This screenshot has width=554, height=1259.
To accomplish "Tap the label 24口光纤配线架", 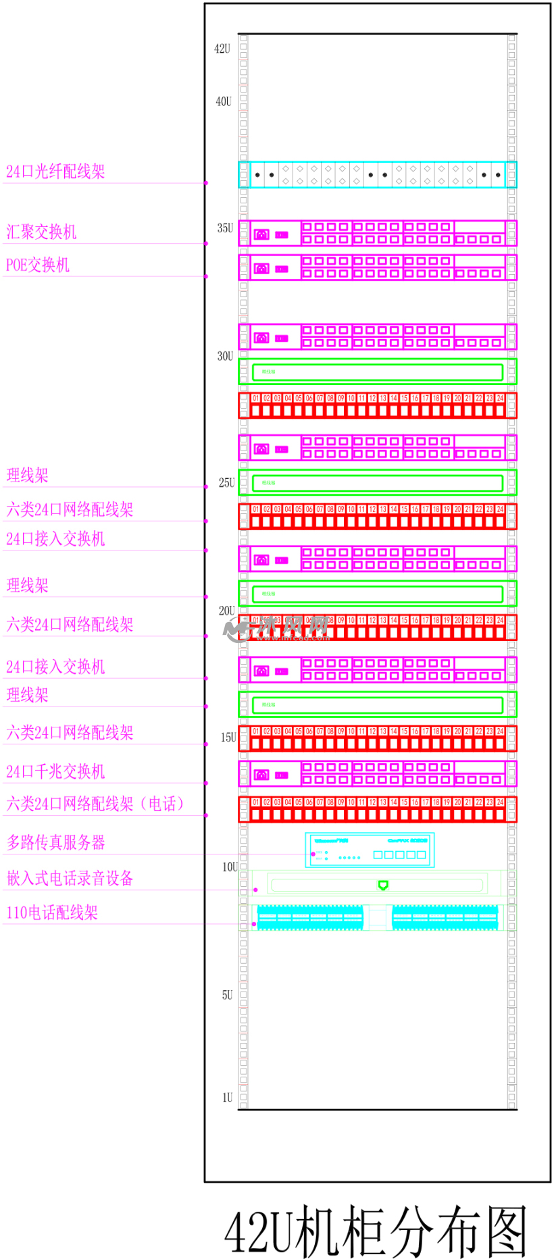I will click(55, 172).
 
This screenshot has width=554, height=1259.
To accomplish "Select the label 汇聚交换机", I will click(41, 232).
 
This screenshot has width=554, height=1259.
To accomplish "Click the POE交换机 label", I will click(38, 265).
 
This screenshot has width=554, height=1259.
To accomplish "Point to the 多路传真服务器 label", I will click(56, 842).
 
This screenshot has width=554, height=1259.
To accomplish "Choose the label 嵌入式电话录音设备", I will click(70, 878).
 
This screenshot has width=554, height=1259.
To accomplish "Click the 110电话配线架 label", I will click(52, 913).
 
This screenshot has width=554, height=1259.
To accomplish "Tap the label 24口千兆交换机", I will click(55, 771).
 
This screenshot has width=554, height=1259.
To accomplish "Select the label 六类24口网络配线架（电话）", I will click(95, 804).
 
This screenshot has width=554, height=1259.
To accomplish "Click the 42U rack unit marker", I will click(222, 49).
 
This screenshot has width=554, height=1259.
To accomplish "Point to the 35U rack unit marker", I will click(225, 228).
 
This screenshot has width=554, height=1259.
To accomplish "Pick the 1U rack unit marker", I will click(227, 1098).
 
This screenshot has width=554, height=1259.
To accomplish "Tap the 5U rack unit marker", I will click(227, 995).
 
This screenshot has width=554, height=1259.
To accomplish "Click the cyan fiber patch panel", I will click(377, 174).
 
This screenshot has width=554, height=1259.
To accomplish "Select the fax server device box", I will click(370, 850).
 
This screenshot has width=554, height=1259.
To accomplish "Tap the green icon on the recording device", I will click(383, 885).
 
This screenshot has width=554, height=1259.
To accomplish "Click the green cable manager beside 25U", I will click(377, 483).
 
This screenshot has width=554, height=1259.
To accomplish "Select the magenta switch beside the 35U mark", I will click(377, 233).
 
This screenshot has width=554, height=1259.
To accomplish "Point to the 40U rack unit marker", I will click(224, 101).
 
